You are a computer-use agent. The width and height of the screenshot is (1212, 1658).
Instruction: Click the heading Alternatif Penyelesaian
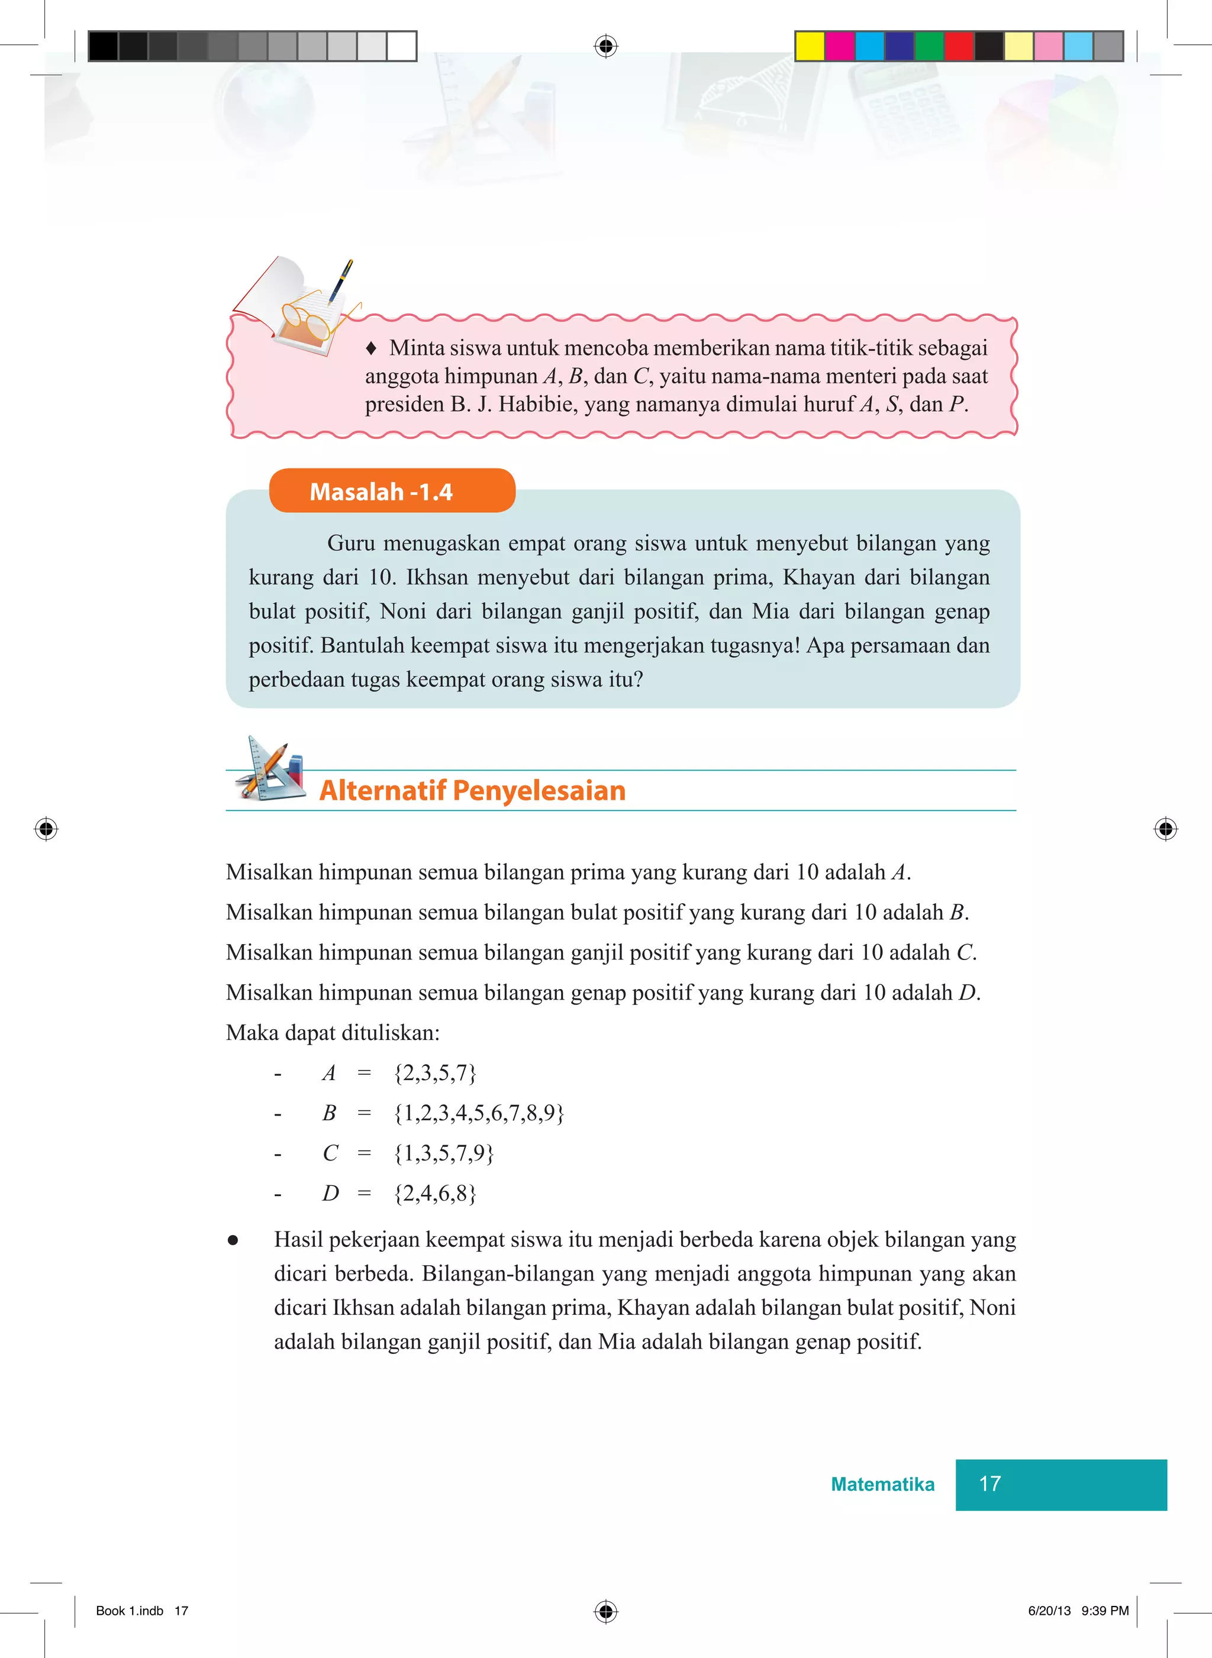(472, 790)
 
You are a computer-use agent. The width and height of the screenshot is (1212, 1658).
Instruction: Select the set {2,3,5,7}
(435, 1073)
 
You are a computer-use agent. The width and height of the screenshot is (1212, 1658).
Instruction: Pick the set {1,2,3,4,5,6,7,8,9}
(478, 1113)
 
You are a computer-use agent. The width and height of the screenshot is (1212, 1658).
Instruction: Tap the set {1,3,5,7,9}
(444, 1153)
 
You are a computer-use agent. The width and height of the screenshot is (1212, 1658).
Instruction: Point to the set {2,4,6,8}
(435, 1193)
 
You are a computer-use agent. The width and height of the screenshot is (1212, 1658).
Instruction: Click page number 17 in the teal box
(989, 1484)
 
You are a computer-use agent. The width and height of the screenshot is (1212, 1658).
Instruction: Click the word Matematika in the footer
(882, 1484)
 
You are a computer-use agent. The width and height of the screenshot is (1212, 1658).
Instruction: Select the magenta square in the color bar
(839, 46)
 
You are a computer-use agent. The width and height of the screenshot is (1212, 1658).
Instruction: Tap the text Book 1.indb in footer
(129, 1610)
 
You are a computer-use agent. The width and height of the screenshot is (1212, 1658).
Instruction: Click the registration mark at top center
(605, 46)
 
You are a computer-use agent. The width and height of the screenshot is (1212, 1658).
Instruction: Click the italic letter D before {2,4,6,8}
(330, 1193)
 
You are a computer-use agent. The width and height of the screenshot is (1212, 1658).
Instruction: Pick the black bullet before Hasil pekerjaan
(233, 1240)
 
